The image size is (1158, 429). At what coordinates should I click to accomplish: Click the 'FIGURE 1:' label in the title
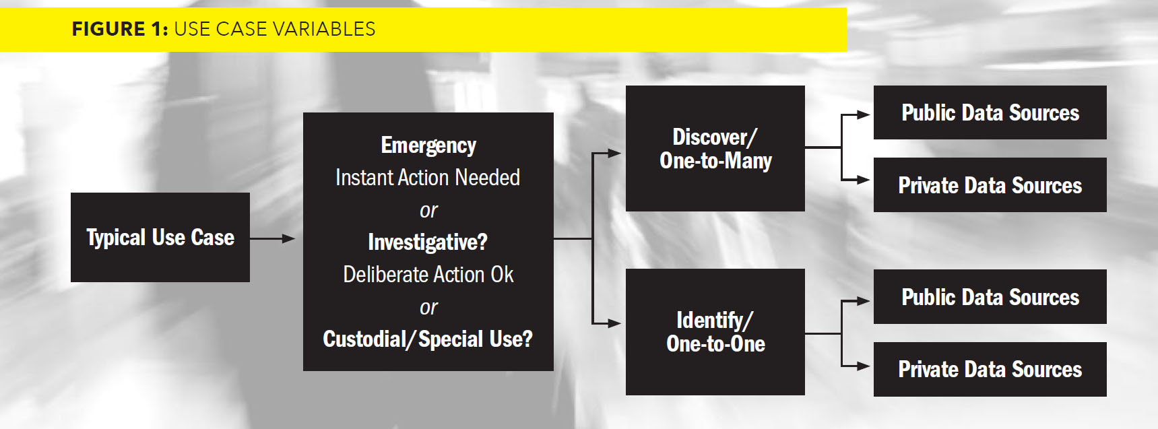tap(120, 29)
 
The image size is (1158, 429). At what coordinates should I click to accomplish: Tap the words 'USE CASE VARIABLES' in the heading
tap(275, 29)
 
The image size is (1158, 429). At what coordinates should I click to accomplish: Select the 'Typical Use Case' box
tap(160, 237)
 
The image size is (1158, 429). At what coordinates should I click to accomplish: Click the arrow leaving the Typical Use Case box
tap(273, 238)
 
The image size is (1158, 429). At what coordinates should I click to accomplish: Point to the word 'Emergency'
tap(428, 145)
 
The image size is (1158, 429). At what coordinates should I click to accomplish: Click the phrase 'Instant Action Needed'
tap(428, 177)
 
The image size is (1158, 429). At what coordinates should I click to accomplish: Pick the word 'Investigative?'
tap(428, 242)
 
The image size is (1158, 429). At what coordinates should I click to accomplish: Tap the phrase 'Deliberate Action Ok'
tap(428, 274)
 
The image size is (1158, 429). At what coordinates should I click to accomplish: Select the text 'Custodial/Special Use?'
tap(428, 339)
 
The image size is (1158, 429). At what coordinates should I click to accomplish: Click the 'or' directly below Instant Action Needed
tap(428, 211)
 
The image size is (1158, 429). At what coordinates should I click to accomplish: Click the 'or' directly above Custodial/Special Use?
tap(428, 308)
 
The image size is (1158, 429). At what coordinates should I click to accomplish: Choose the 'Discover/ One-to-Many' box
tap(715, 148)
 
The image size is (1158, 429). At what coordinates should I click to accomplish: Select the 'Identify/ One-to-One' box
tap(715, 332)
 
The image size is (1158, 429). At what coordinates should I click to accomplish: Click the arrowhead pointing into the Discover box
tap(614, 153)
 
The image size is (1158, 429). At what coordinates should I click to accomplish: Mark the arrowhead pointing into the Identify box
tap(614, 323)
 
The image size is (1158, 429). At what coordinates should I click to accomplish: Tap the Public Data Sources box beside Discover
tap(990, 112)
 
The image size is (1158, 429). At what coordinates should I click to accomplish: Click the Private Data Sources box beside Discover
tap(990, 185)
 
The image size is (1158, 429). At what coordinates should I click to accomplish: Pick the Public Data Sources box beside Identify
tap(990, 297)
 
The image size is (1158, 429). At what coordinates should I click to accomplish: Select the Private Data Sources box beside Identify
tap(990, 369)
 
